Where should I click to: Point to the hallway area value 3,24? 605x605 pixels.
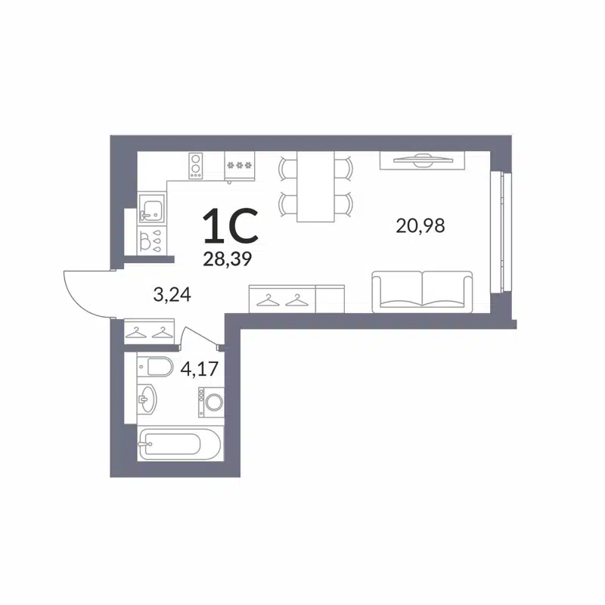[172, 294]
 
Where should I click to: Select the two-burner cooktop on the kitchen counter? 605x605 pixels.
[197, 165]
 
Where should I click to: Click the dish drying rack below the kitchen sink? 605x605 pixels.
[151, 240]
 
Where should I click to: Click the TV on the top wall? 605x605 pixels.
[417, 160]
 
